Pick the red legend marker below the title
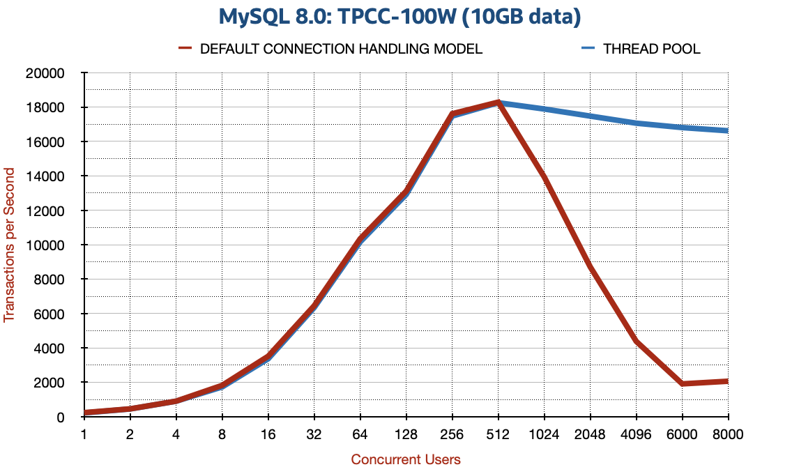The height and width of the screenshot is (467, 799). point(185,48)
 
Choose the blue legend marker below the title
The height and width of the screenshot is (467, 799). point(588,48)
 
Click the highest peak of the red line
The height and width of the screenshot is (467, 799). point(498,102)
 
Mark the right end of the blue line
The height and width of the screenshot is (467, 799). point(727,130)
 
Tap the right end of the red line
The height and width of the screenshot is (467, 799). point(727,381)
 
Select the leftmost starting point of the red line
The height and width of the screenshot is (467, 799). point(86,413)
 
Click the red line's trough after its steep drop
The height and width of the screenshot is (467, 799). point(683,383)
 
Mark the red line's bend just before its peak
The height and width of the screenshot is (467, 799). point(452,113)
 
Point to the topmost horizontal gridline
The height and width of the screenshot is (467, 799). point(408,72)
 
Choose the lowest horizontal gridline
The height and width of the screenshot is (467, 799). point(408,382)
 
